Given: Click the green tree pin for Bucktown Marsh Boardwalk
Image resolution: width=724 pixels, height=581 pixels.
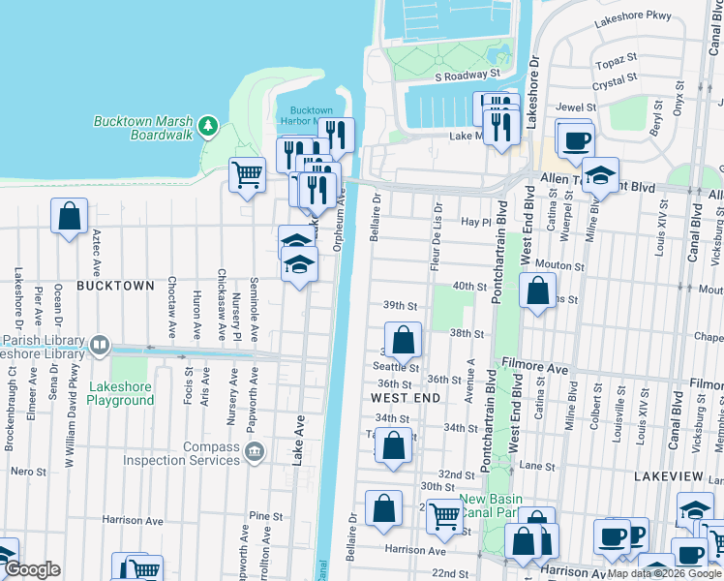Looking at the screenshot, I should tap(207, 126).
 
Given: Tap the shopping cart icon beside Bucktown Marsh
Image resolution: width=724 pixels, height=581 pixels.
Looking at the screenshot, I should tap(247, 175).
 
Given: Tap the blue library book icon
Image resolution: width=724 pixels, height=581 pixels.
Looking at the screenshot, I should tap(100, 346).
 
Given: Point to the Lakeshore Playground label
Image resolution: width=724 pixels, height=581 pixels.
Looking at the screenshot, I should tap(120, 393).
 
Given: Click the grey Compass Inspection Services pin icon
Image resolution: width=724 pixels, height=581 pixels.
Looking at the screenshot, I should tap(254, 450).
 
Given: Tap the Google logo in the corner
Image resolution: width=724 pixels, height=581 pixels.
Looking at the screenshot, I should tap(32, 569).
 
